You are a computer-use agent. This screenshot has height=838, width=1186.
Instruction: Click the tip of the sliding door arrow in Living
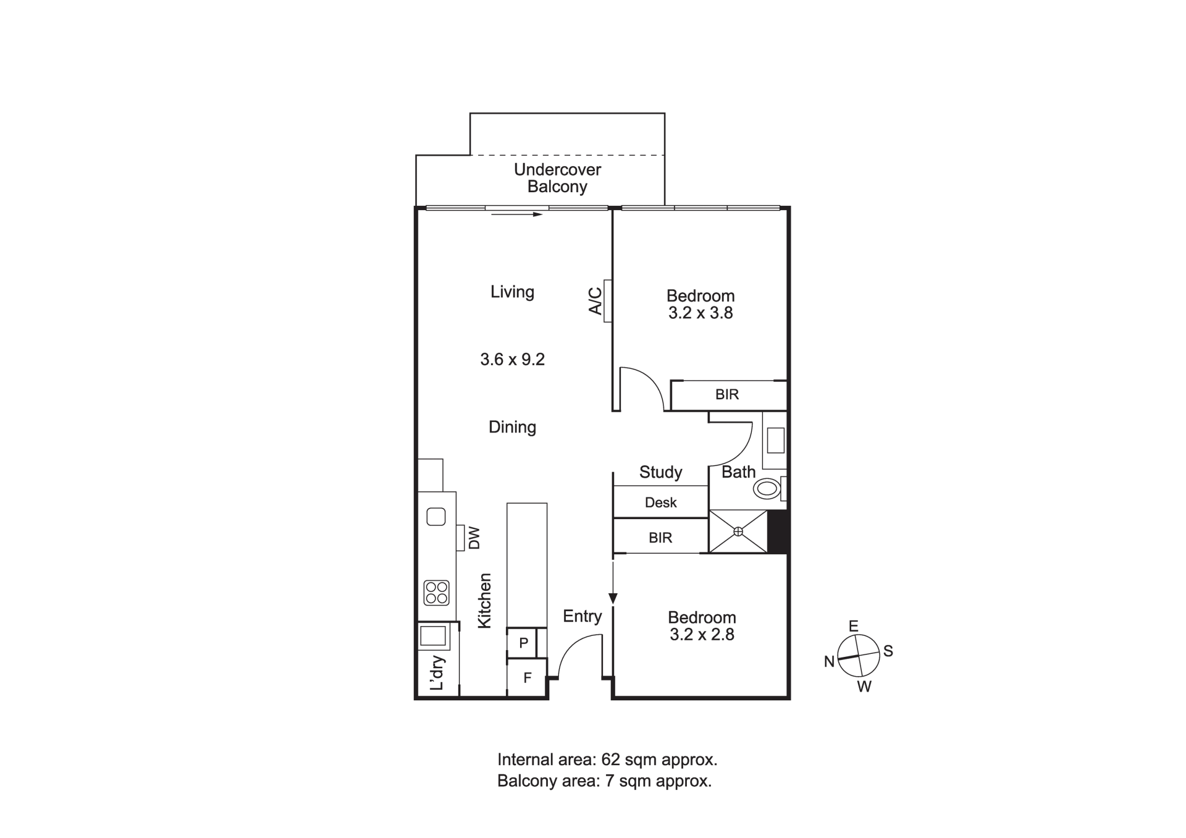pos(542,214)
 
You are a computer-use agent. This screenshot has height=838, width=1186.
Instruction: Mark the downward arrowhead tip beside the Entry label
pos(613,603)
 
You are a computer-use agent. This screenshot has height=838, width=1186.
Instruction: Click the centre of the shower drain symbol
pos(738,531)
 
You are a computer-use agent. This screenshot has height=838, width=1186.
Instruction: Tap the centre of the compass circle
pos(859,655)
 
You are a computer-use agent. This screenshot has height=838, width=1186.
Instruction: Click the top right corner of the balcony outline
pos(665,113)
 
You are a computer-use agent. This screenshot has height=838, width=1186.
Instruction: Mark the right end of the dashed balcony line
pos(665,155)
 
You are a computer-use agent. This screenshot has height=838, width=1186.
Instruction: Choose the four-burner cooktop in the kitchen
pos(436,593)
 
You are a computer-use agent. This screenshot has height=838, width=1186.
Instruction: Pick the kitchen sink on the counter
pos(436,516)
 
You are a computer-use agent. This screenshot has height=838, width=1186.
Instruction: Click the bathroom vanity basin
pos(775,440)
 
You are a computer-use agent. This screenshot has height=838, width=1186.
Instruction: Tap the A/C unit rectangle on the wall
pos(608,300)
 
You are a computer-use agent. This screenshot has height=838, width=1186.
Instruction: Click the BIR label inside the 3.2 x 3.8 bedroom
pos(727,394)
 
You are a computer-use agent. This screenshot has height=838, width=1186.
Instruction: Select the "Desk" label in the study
pos(660,502)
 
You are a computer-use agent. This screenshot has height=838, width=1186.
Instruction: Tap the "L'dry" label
pos(438,672)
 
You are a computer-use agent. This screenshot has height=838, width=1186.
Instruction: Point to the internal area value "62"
pos(610,759)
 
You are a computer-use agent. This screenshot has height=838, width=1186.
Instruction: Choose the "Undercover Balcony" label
pos(557,178)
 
